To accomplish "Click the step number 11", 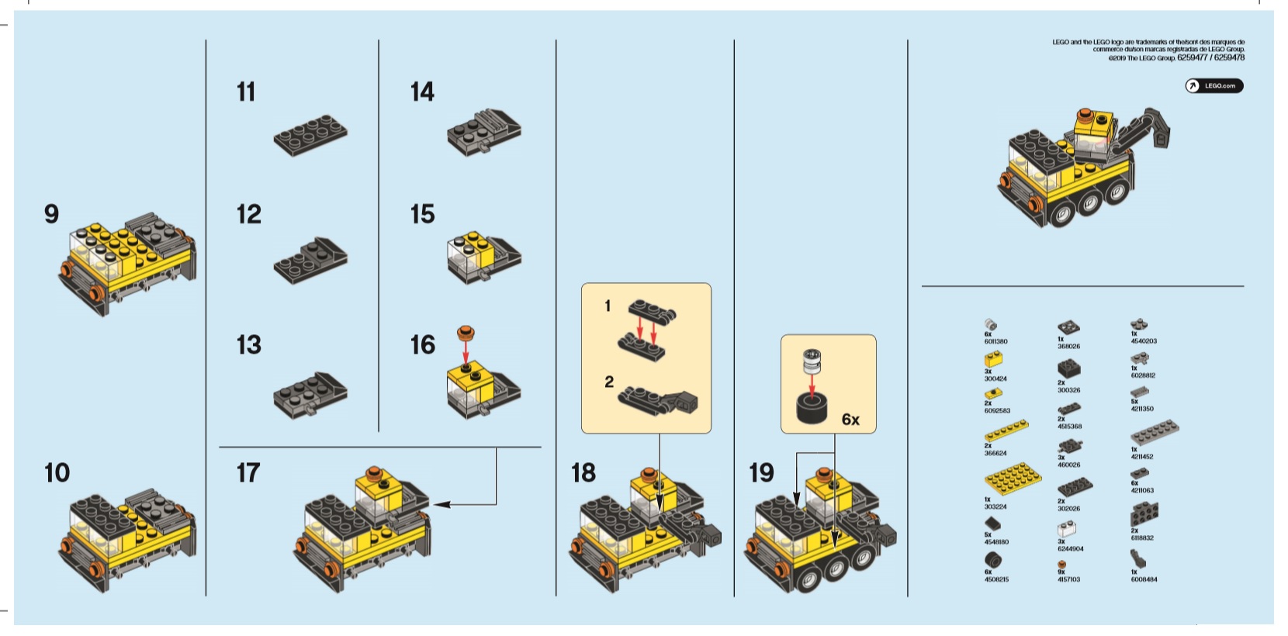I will coord(246,92).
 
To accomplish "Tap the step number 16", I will coord(423,345).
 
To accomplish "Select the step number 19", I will coord(761,472).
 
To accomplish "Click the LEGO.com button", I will coord(1214,86).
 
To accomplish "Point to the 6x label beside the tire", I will coord(850,420).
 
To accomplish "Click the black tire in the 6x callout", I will coord(812,408).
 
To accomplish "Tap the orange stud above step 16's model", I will coord(466,334).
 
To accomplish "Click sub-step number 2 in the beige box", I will coord(609,382).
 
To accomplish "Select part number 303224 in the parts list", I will coord(995,506).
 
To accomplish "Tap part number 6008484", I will coord(1144,579).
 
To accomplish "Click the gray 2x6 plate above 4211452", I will coord(1155,432).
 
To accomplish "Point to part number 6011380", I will coord(995,341).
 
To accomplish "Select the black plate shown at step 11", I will coord(310,137).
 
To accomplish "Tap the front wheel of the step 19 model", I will coord(809,578).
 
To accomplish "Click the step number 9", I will coord(51,214).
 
